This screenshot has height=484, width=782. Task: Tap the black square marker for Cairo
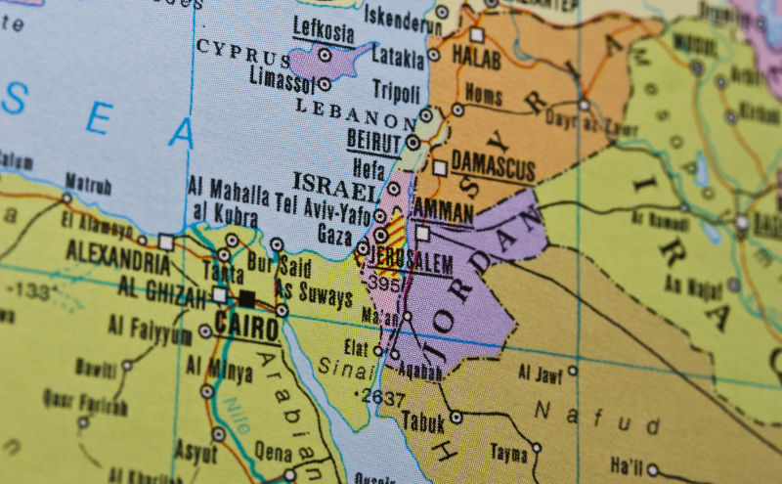tap(246, 298)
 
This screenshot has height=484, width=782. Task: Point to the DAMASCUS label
tap(493, 163)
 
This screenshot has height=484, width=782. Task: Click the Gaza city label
tap(334, 235)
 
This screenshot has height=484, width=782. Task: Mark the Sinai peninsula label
tap(337, 368)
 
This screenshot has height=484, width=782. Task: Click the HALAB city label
tap(476, 59)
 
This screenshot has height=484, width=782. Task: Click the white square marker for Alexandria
tap(165, 241)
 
